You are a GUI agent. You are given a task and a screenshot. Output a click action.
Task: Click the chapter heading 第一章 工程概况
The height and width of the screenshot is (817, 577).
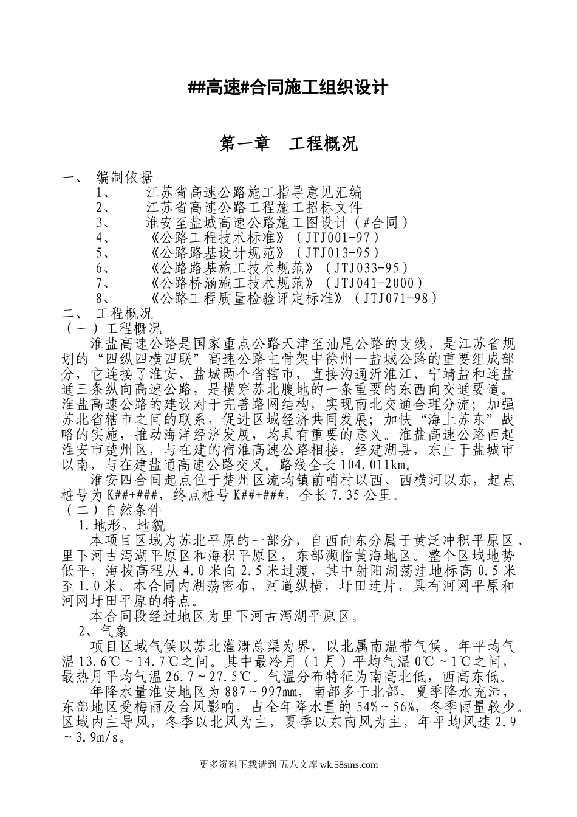tap(288, 144)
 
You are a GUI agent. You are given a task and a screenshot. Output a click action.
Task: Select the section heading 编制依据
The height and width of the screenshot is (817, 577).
tap(125, 178)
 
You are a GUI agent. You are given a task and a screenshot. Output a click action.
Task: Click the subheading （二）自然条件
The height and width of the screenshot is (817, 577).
tap(113, 509)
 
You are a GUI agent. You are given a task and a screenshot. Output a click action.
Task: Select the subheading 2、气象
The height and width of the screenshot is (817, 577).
tap(104, 631)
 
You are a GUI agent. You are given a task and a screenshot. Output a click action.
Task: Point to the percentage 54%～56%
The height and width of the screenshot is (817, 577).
tap(384, 707)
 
